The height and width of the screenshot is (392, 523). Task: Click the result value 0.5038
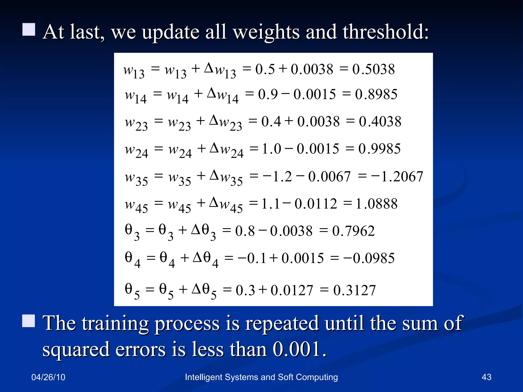(373, 69)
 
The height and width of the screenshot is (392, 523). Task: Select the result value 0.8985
(376, 94)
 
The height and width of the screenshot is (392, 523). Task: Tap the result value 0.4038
(380, 122)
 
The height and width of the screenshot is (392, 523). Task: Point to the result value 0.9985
(379, 149)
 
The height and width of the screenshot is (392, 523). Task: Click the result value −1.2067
(397, 177)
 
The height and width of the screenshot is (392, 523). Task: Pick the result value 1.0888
(376, 204)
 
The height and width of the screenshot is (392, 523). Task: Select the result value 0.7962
(353, 231)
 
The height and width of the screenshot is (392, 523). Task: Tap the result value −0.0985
(369, 258)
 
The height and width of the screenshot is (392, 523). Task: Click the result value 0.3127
(354, 290)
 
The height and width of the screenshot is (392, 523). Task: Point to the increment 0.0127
(292, 290)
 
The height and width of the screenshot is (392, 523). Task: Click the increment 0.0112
(316, 204)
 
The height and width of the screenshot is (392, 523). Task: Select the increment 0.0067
(329, 177)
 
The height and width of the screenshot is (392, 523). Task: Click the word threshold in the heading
(385, 32)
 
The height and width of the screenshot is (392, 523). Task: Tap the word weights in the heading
(266, 32)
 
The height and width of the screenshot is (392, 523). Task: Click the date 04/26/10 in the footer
(48, 377)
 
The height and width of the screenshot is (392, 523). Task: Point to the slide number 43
(486, 377)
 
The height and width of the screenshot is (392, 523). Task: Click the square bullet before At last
(29, 30)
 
